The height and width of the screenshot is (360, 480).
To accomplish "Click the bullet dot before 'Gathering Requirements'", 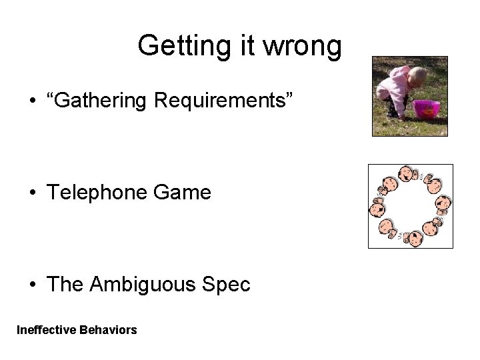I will pyautogui.click(x=33, y=102).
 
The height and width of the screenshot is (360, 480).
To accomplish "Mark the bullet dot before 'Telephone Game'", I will pyautogui.click(x=33, y=194).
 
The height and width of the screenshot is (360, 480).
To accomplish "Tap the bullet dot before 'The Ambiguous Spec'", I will pyautogui.click(x=33, y=286).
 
